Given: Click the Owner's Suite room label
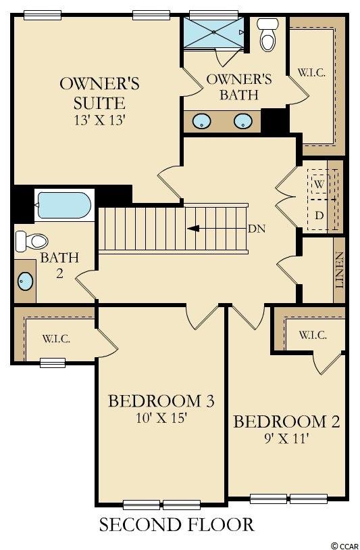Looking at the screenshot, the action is pos(99,93).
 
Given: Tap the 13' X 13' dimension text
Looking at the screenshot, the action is pos(99,120).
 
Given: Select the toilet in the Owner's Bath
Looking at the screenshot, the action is pos(268,35).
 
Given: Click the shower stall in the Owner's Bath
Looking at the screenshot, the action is pos(214,32).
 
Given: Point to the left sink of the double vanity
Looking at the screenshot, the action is pos(201,121).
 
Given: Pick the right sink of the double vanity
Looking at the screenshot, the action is pos(243,121).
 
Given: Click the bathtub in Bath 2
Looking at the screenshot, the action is pos(64,205).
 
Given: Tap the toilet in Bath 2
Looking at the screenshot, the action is pos(32,241).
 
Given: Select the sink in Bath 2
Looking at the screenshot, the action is pos(25,281).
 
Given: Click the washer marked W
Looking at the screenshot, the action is pos(319,184).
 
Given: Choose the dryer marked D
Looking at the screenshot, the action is pos(319,215).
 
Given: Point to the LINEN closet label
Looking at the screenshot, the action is pos(339,270).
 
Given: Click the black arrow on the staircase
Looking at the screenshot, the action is pos(193,229).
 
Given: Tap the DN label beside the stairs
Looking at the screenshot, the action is pos(257,229).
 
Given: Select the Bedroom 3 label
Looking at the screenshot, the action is pos(161,401).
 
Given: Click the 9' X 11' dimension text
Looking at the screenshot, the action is pos(286,438).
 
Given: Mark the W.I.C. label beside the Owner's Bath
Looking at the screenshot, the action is pos(311,73).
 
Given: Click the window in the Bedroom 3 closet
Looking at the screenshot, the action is pos(53,363).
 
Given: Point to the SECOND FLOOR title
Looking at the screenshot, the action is pos(176,525).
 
